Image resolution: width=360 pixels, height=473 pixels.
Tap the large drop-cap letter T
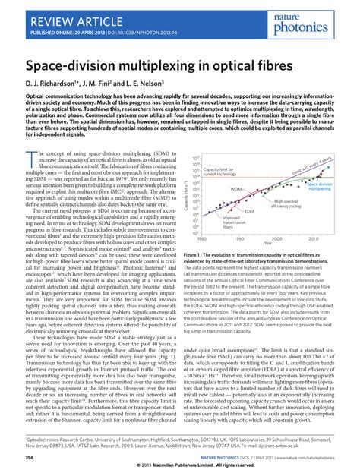tap(30, 158)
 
